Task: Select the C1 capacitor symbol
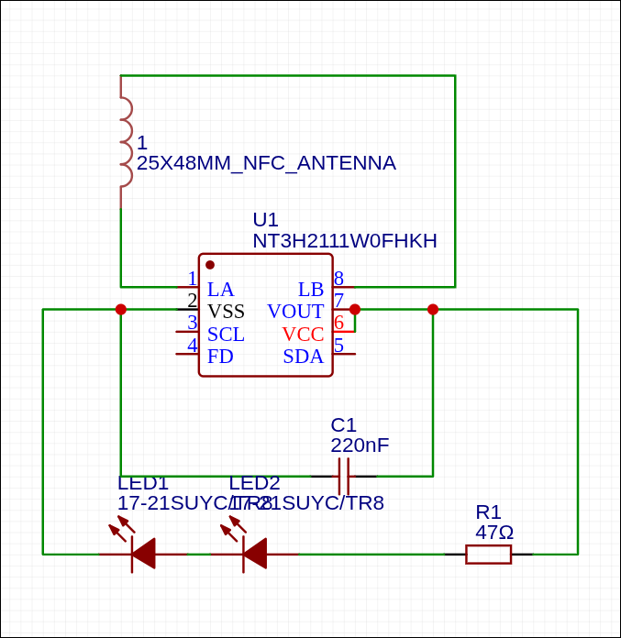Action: (x=344, y=477)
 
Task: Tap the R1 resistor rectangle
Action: (x=488, y=554)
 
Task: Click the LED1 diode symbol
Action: (x=141, y=554)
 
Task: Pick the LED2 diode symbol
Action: (x=253, y=554)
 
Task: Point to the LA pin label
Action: (x=220, y=290)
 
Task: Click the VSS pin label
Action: (x=226, y=312)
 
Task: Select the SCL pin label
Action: (x=226, y=335)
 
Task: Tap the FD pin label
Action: (x=220, y=357)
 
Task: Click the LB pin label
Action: (x=311, y=290)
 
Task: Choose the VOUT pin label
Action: (x=295, y=312)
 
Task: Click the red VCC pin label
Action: (x=303, y=335)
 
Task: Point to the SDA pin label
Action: (x=303, y=357)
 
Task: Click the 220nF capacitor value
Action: (x=360, y=445)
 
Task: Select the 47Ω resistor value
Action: (x=494, y=533)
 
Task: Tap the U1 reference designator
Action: (x=265, y=220)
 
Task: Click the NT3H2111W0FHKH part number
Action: (x=345, y=241)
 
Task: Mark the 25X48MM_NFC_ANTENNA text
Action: (x=266, y=163)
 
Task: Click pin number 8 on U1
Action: (x=338, y=278)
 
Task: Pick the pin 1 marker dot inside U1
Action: (x=210, y=265)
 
